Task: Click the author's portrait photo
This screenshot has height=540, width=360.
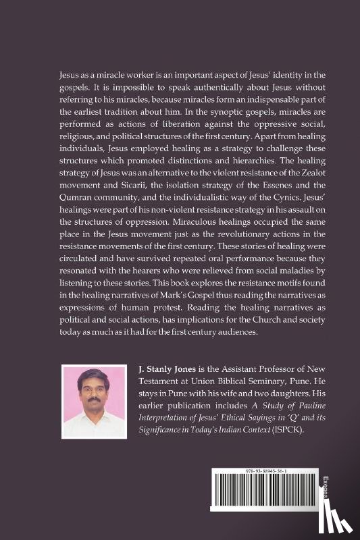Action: pyautogui.click(x=94, y=403)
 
